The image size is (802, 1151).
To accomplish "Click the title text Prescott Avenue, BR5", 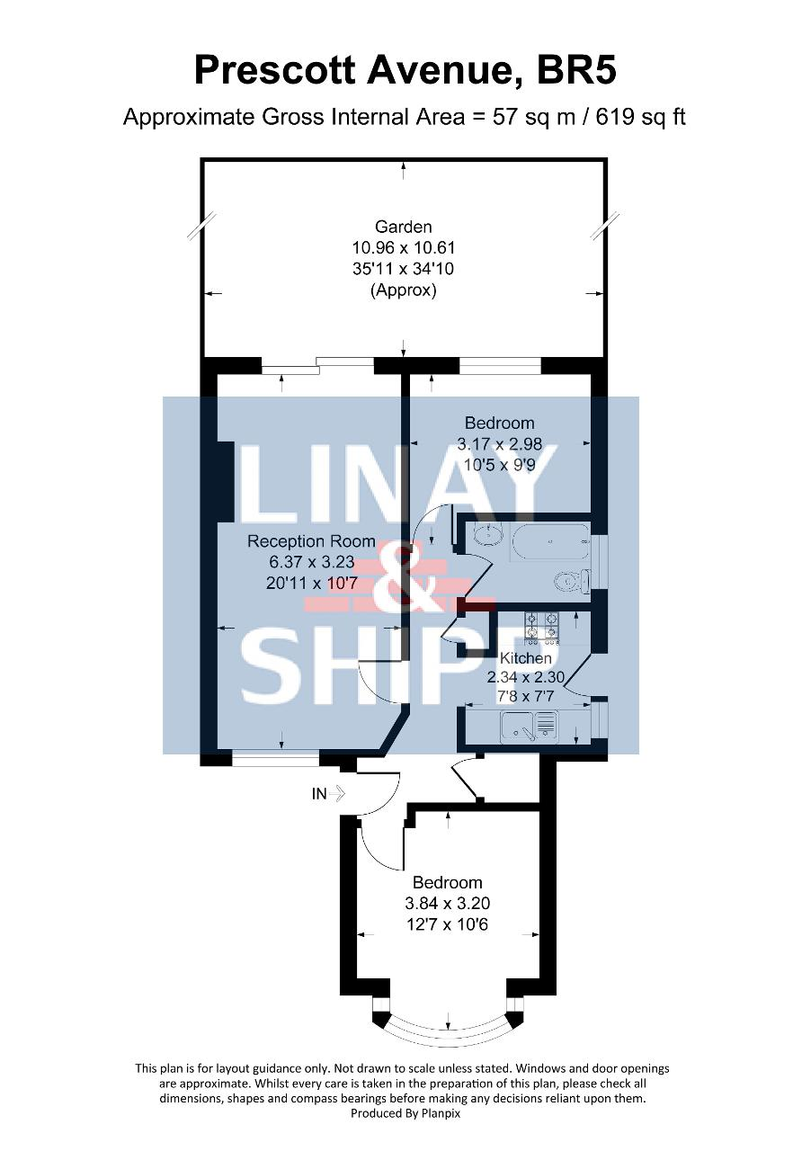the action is [x=405, y=71].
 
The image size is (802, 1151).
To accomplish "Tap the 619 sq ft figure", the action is [x=641, y=118].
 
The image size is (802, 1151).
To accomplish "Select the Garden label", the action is [x=404, y=227].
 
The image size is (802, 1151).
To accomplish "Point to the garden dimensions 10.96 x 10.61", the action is [x=404, y=248].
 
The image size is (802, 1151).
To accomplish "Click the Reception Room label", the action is [x=311, y=541].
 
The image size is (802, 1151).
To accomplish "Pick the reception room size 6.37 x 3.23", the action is [x=312, y=562].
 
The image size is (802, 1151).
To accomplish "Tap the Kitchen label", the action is [x=526, y=657].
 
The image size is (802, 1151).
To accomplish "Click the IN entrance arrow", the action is [x=336, y=794].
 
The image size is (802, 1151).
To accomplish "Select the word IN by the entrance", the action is [x=319, y=794].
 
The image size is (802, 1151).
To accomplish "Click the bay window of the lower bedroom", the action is [x=449, y=1031].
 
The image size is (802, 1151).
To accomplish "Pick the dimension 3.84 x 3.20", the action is [x=448, y=904].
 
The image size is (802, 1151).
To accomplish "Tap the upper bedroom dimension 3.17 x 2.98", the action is [x=499, y=443].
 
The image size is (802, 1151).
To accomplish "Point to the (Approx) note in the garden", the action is [x=404, y=290].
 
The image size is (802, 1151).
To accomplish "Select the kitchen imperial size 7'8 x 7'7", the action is [x=526, y=697].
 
